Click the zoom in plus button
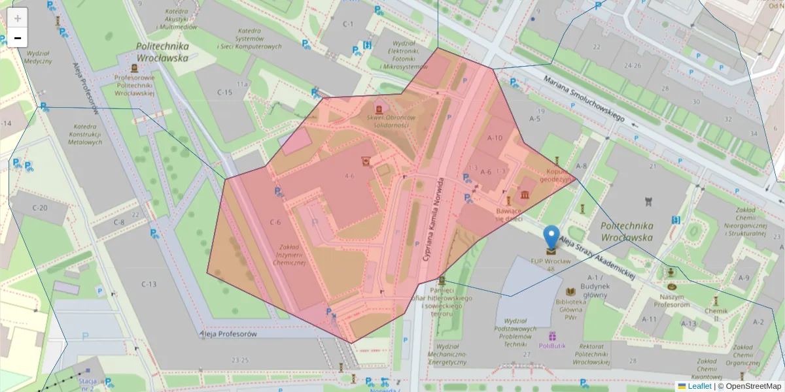click(18, 18)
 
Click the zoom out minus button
click(18, 38)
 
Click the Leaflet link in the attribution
click(699, 386)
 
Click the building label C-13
click(149, 284)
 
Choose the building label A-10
click(495, 138)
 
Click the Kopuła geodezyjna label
click(555, 175)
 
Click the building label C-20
click(39, 208)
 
